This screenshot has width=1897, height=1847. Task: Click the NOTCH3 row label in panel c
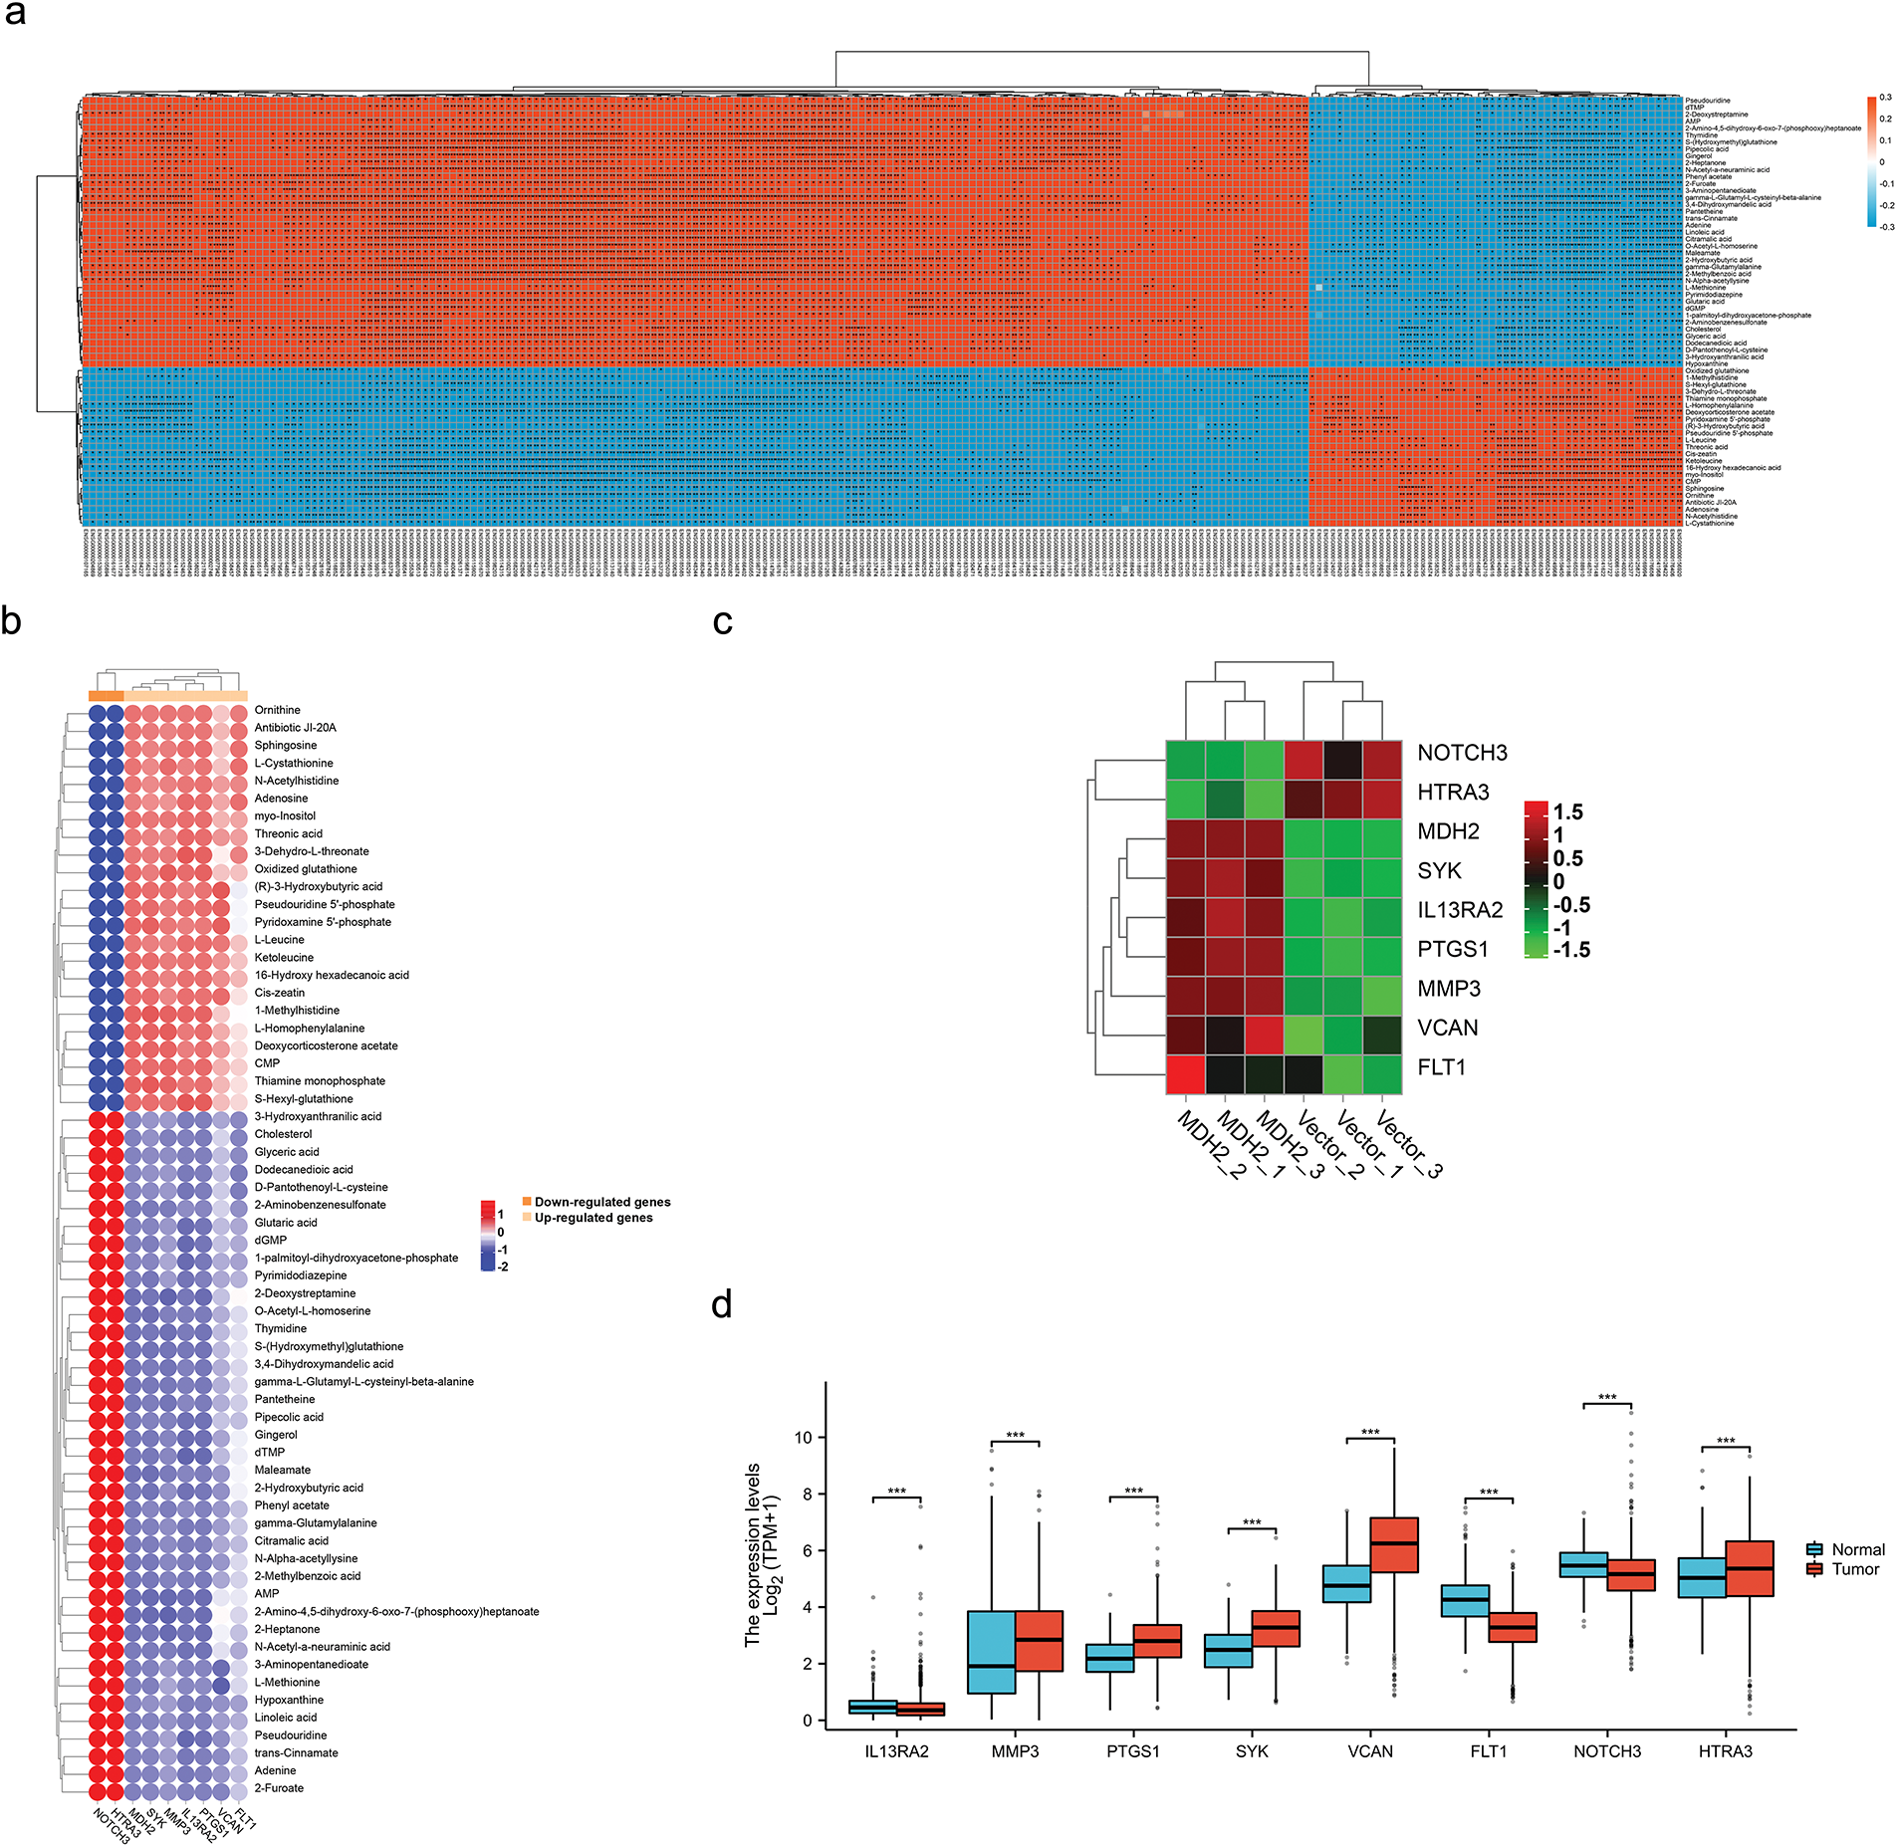(1461, 753)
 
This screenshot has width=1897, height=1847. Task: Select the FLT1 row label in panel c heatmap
(1441, 1067)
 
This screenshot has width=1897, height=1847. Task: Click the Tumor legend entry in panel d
(1854, 1569)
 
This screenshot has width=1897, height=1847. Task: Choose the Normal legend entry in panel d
(1857, 1549)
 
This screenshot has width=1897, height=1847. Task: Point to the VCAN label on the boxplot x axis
(1369, 1751)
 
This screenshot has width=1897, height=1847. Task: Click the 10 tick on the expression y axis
(803, 1437)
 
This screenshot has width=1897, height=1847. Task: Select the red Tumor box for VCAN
(1394, 1544)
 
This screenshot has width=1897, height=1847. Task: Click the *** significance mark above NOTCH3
(1606, 1398)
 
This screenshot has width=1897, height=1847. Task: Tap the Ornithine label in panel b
(277, 710)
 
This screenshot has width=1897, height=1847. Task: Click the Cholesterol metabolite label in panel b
(283, 1134)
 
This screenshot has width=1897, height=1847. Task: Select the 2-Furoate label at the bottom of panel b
(279, 1788)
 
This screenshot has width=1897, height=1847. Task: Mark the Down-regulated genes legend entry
(601, 1202)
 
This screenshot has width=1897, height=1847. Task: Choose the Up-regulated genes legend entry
(593, 1218)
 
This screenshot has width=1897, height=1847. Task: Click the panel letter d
(722, 1304)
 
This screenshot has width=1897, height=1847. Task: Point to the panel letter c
(723, 621)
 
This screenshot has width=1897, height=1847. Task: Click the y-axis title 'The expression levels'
(753, 1554)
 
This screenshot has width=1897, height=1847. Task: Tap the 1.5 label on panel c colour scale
(1567, 811)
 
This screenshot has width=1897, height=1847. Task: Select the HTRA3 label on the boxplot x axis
(1725, 1751)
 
